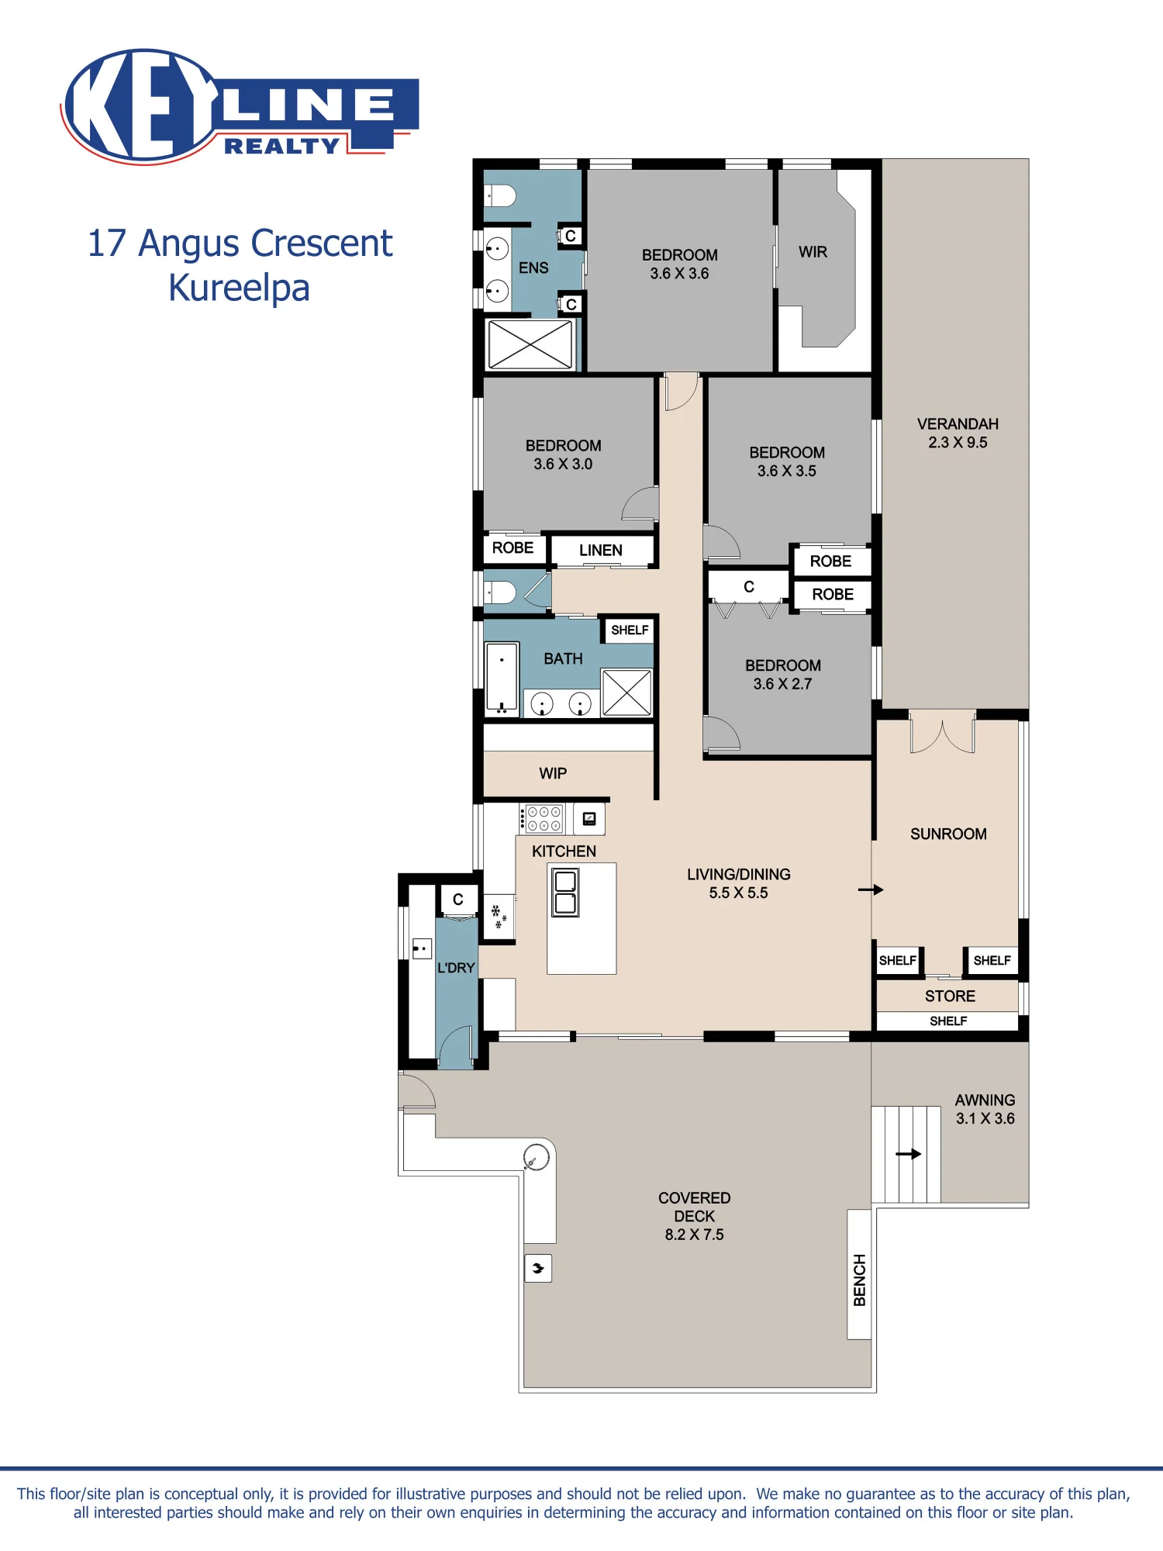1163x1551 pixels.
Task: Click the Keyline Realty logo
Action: pyautogui.click(x=240, y=106)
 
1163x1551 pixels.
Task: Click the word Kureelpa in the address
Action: pyautogui.click(x=239, y=288)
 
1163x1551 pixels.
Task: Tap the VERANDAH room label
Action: pyautogui.click(x=958, y=424)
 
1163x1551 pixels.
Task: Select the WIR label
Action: pyautogui.click(x=813, y=252)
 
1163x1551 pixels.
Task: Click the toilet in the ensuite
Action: pyautogui.click(x=499, y=195)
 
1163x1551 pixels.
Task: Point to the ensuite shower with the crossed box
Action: pyautogui.click(x=530, y=344)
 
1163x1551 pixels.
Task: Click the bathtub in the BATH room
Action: pyautogui.click(x=502, y=678)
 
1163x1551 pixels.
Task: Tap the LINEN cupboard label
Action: pyautogui.click(x=601, y=550)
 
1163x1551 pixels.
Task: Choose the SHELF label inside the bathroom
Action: pyautogui.click(x=630, y=630)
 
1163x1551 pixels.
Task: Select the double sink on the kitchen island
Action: pyautogui.click(x=565, y=893)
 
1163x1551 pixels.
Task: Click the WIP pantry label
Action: pyautogui.click(x=553, y=773)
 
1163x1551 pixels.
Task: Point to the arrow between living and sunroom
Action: pyautogui.click(x=871, y=889)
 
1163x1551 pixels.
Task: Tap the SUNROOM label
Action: pyautogui.click(x=948, y=834)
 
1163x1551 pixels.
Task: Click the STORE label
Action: pyautogui.click(x=950, y=996)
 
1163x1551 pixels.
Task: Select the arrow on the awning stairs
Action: pyautogui.click(x=908, y=1154)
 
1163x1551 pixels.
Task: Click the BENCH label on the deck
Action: pyautogui.click(x=859, y=1280)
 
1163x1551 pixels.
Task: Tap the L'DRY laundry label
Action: pyautogui.click(x=456, y=968)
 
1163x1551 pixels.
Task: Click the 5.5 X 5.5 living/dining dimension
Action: pyautogui.click(x=738, y=893)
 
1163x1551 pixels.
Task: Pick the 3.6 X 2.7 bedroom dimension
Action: pyautogui.click(x=782, y=684)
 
